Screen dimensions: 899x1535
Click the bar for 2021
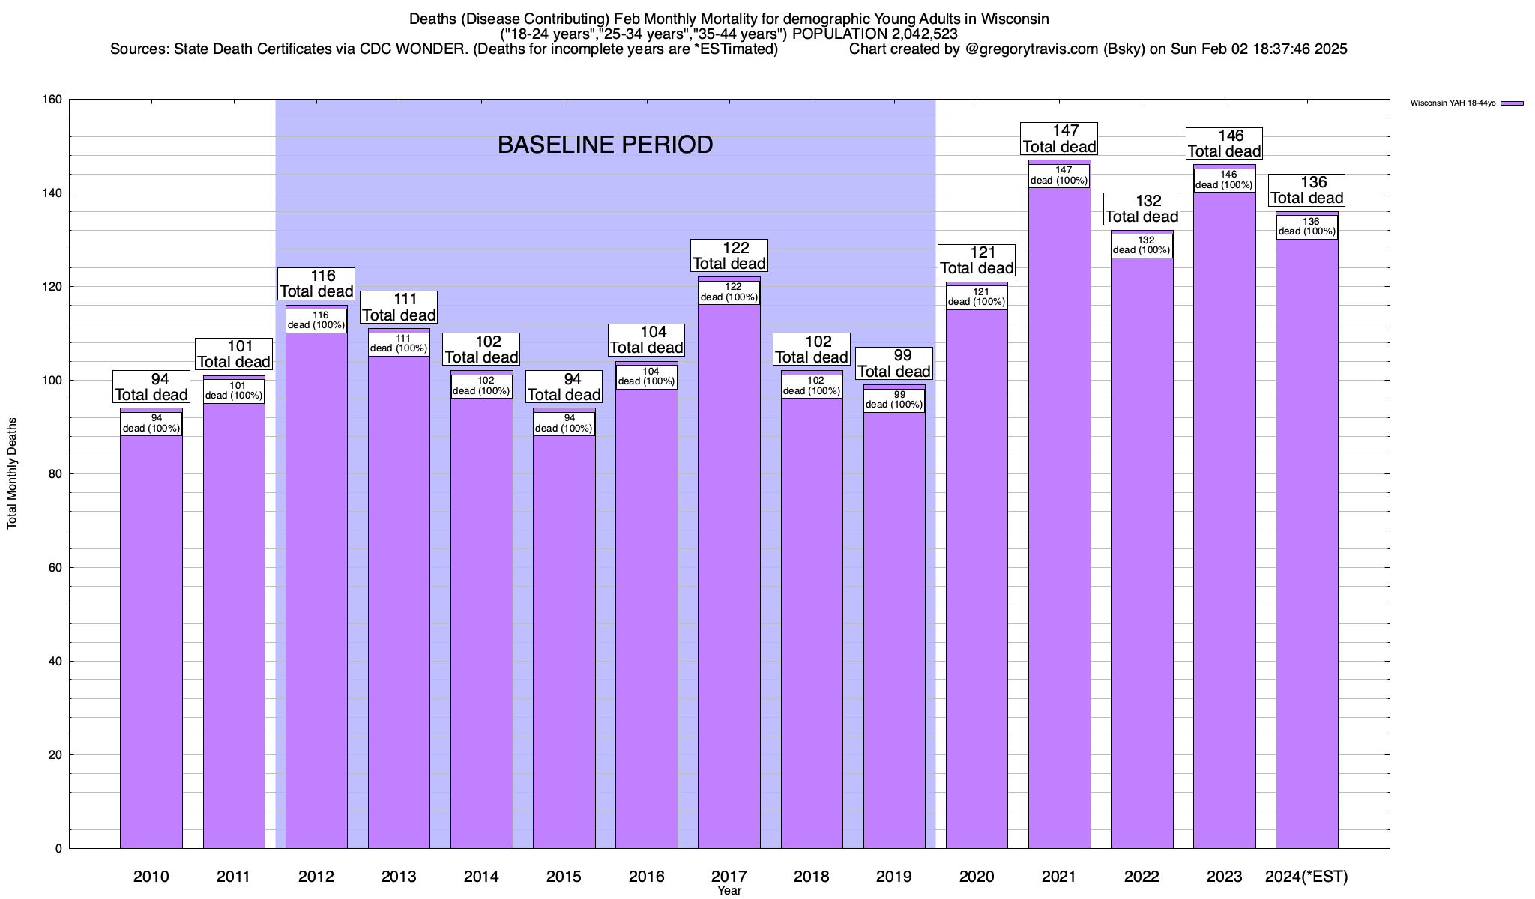click(x=1059, y=524)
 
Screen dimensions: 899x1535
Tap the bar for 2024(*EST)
click(x=1306, y=547)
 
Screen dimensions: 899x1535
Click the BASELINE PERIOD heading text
click(x=605, y=145)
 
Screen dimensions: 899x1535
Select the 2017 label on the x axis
click(x=729, y=877)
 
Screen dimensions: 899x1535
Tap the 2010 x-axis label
click(x=151, y=877)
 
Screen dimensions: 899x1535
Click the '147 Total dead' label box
click(x=1060, y=139)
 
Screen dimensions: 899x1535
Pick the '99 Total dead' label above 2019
click(x=894, y=363)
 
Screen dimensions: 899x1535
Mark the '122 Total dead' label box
click(x=729, y=255)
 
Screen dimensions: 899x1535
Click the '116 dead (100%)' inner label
click(x=316, y=321)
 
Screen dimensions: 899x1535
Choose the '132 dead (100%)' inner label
click(x=1142, y=246)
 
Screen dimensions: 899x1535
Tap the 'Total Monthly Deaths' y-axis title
click(x=12, y=473)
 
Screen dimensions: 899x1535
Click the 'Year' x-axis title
click(x=729, y=891)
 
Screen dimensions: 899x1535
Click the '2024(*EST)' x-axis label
click(x=1306, y=877)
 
